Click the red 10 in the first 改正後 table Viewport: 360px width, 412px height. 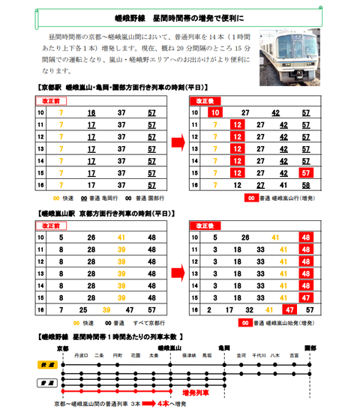coord(214,112)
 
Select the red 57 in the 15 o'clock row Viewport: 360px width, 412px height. coord(305,172)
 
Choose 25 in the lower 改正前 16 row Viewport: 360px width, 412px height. coord(82,309)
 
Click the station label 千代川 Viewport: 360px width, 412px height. coord(259,355)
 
